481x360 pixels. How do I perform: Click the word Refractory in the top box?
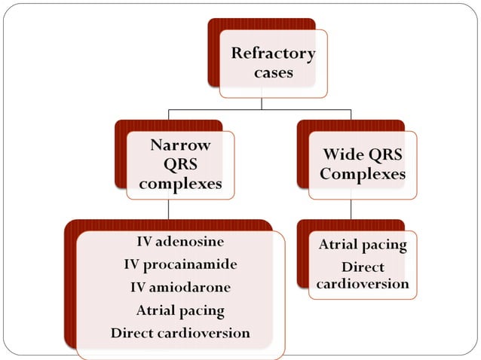pos(273,53)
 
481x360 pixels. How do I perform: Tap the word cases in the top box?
pos(273,74)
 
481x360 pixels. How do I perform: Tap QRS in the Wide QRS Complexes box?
pos(385,154)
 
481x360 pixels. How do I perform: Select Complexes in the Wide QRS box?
pos(362,174)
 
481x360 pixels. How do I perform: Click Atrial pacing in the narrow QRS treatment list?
pos(180,310)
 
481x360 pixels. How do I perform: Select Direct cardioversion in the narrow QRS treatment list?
pos(180,332)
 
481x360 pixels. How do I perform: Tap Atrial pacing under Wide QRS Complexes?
pos(362,245)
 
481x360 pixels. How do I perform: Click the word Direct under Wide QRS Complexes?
pos(362,267)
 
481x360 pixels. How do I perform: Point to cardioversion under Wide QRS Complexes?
pos(362,285)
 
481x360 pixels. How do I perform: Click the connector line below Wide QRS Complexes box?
pos(351,209)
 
